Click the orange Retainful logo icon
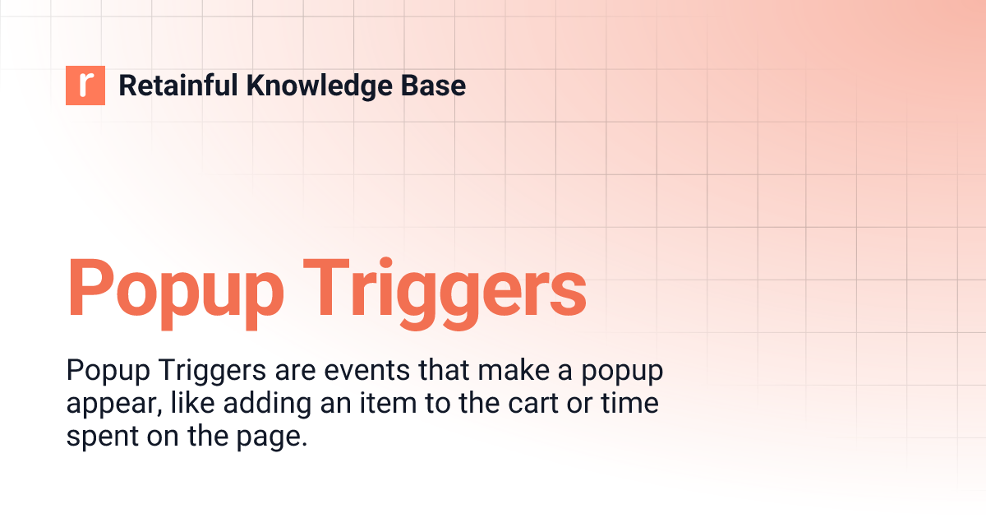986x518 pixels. click(x=85, y=86)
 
